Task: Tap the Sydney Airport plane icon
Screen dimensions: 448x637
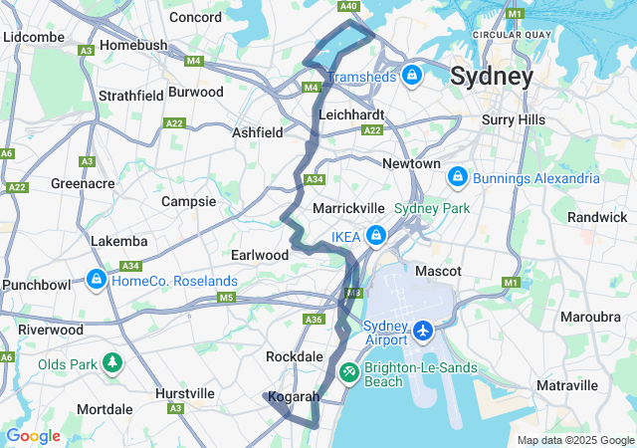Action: click(423, 329)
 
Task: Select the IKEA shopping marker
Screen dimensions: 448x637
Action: click(376, 236)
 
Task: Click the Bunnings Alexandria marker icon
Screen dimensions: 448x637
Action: click(457, 177)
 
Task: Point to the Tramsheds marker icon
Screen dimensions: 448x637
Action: click(412, 76)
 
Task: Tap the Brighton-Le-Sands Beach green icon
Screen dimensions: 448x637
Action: click(349, 372)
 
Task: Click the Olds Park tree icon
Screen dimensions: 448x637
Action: click(111, 363)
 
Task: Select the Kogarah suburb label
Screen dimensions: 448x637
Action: click(294, 396)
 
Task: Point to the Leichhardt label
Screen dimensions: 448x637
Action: click(351, 114)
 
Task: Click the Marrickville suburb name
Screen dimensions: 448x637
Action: click(348, 208)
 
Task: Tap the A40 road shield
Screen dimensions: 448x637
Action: click(348, 7)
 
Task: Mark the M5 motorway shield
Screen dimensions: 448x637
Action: click(226, 298)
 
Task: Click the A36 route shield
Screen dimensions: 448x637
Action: click(314, 320)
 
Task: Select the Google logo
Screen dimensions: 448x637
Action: click(33, 436)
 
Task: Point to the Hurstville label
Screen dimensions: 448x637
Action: click(185, 393)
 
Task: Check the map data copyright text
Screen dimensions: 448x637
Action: click(574, 440)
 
